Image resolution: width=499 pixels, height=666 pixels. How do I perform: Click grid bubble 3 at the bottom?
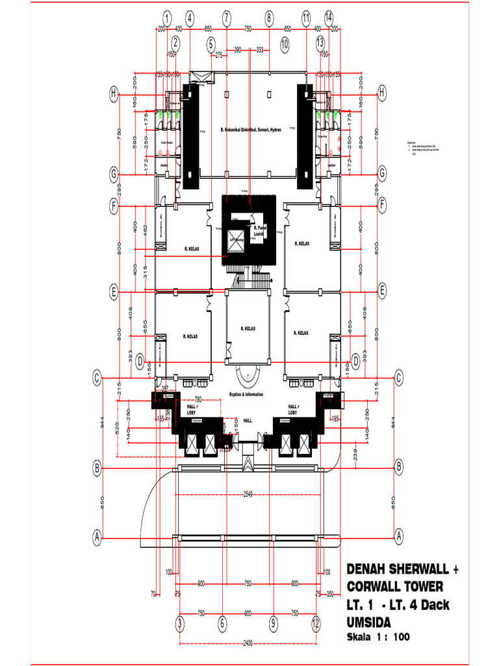tap(179, 624)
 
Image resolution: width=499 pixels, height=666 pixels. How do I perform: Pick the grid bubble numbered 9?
tap(274, 624)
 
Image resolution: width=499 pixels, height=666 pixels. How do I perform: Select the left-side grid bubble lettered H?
tap(114, 94)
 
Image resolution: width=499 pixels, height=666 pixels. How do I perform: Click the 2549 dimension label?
tap(248, 494)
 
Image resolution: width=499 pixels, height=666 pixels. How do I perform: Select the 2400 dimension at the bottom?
tap(248, 643)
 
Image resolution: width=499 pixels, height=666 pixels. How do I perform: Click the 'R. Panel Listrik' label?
tap(261, 231)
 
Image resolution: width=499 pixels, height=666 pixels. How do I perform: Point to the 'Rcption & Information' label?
tap(248, 393)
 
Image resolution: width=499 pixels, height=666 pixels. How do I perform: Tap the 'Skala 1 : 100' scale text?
tap(378, 637)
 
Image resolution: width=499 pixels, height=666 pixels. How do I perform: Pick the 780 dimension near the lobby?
tap(199, 399)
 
